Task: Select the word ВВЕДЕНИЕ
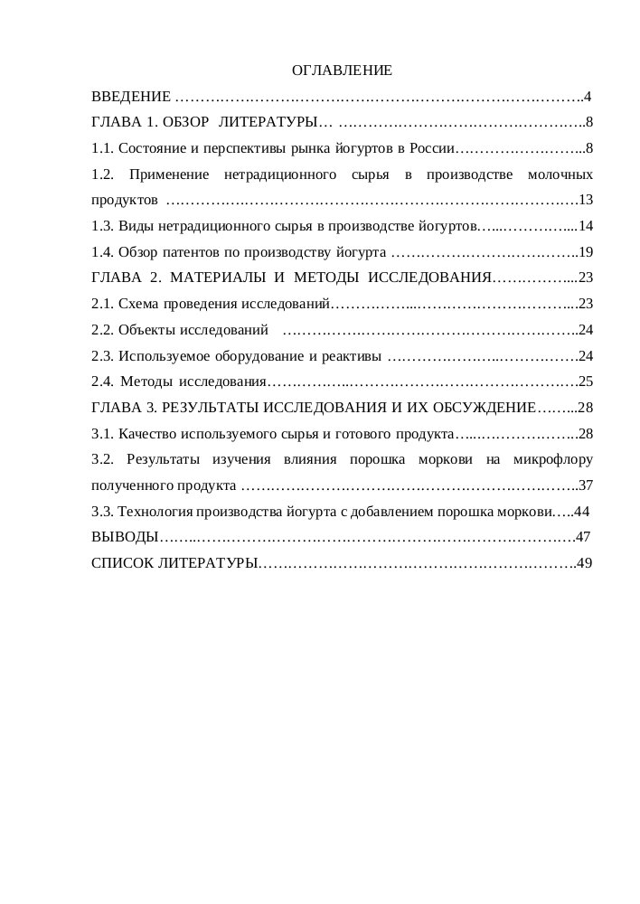(x=131, y=96)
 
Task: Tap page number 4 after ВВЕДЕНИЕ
(x=588, y=96)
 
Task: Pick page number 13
(x=585, y=200)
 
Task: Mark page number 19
(x=585, y=251)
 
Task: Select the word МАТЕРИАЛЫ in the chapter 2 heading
(x=212, y=278)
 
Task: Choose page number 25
(x=585, y=381)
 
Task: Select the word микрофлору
(x=552, y=459)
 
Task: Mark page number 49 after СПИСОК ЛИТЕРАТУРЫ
(x=585, y=563)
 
